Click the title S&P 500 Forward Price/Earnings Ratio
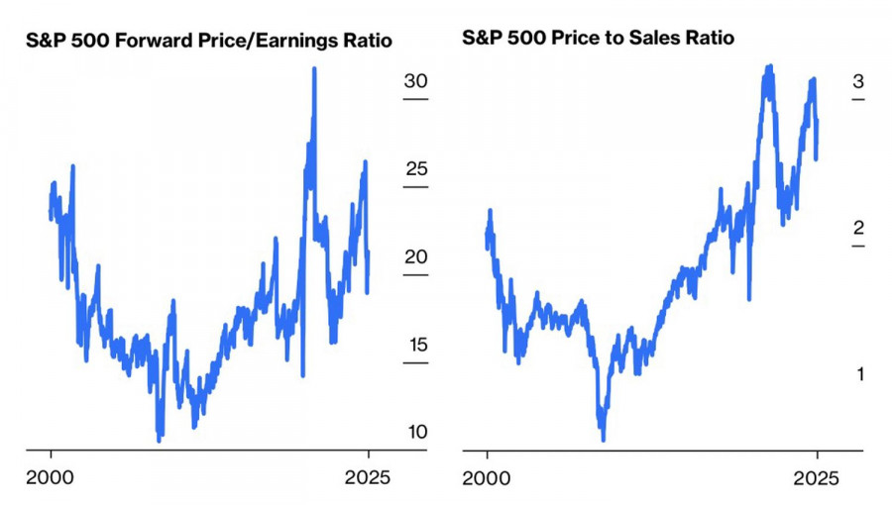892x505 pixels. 207,42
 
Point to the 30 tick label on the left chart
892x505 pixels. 415,81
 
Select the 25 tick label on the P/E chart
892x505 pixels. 415,169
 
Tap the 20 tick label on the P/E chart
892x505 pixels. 415,257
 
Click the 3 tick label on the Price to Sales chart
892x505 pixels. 858,81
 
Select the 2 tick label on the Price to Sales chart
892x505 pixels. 858,228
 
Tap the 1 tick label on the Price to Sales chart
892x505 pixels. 858,374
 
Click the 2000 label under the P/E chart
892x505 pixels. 52,478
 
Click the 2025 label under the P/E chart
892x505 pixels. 369,478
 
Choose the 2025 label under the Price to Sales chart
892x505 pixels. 818,478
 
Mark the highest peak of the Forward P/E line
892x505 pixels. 314,69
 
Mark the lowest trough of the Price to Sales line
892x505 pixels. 603,439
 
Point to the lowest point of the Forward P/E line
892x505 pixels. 160,439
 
